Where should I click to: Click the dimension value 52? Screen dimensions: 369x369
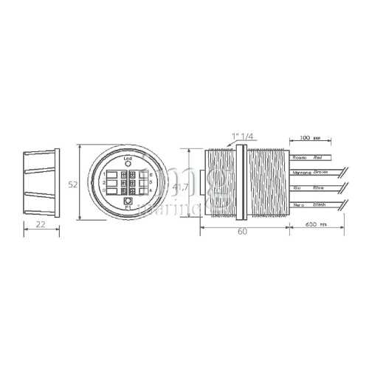click(73, 185)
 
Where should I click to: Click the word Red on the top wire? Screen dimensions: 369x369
click(318, 157)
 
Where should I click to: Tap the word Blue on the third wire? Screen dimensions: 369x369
click(318, 187)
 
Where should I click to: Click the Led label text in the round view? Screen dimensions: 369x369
click(128, 159)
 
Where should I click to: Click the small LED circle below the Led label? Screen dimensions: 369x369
click(128, 165)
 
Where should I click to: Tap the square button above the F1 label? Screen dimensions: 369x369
click(128, 201)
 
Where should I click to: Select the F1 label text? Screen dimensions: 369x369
click(128, 209)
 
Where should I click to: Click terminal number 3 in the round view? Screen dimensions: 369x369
click(105, 190)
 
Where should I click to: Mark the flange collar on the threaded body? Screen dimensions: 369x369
click(241, 183)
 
